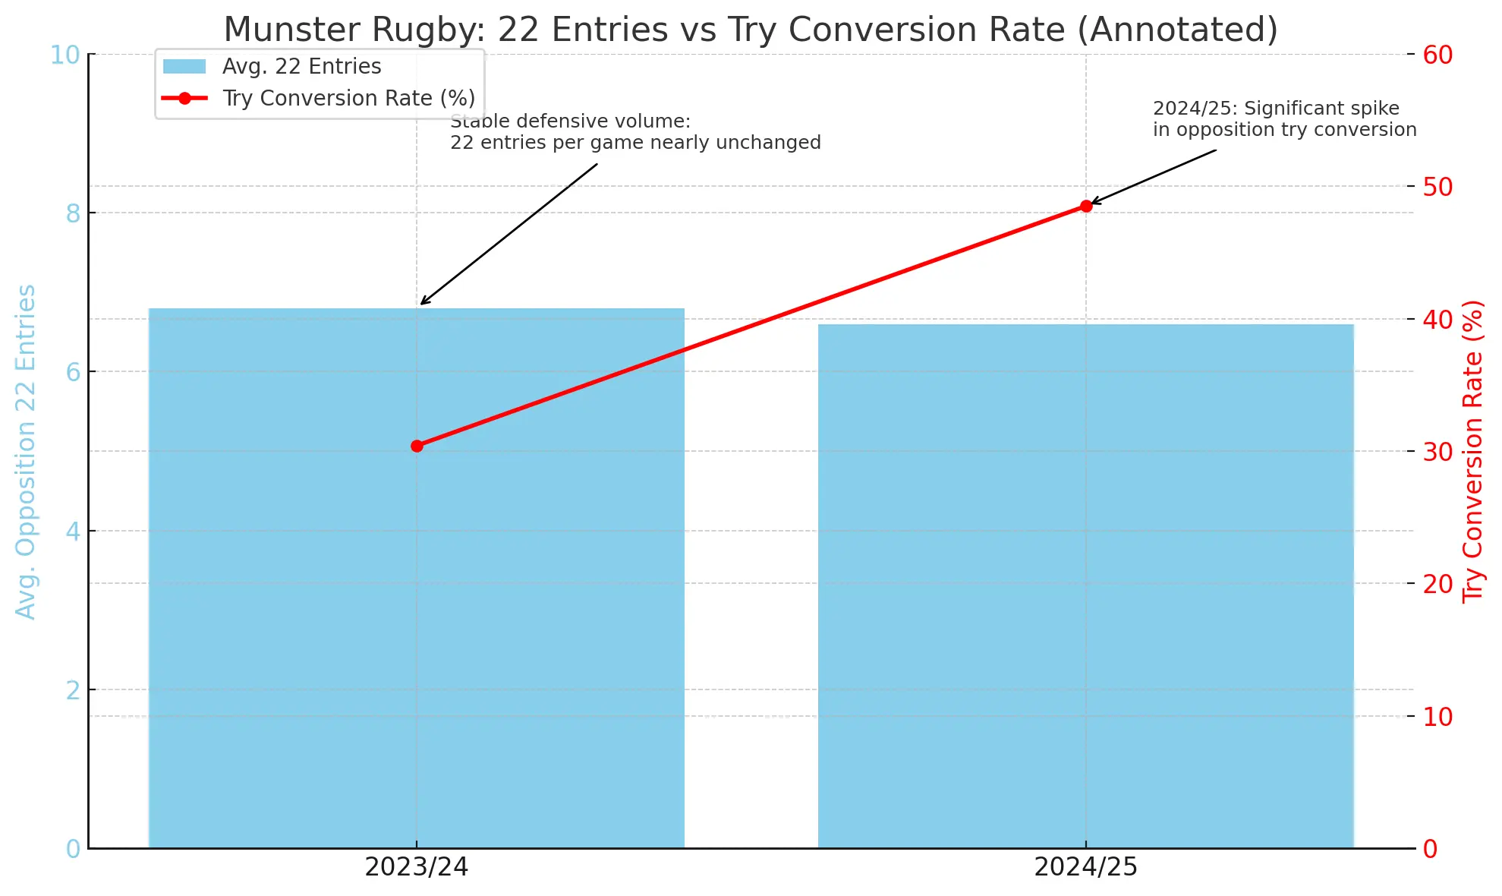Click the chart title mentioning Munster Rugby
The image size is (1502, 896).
(x=750, y=30)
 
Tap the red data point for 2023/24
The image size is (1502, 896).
(x=417, y=446)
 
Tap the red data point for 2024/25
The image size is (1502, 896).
(x=1086, y=206)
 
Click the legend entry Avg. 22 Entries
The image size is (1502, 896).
(x=301, y=67)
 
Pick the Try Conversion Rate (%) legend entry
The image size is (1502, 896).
(x=348, y=99)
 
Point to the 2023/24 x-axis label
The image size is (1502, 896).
(x=416, y=867)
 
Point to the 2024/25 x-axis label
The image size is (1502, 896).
(x=1085, y=867)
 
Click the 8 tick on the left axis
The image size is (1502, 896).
(x=73, y=213)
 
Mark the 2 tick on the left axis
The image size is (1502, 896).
(x=73, y=690)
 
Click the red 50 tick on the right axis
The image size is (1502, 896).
(x=1437, y=187)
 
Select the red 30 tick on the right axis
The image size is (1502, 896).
(x=1437, y=452)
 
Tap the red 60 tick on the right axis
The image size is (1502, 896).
(x=1437, y=55)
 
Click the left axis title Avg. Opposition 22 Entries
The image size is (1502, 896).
(x=26, y=452)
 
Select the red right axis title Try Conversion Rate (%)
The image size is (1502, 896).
(x=1473, y=452)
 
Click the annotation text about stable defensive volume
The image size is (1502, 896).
(x=635, y=132)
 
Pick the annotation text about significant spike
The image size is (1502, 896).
(x=1284, y=119)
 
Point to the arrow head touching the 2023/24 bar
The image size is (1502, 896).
(x=423, y=303)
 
